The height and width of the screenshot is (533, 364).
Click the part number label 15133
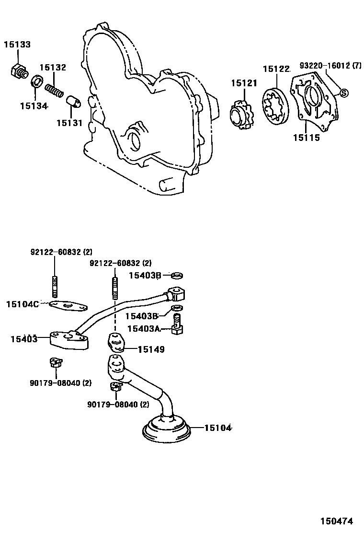click(17, 45)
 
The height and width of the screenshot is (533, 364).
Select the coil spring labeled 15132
click(55, 90)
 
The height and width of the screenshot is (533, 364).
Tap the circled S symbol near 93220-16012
click(343, 93)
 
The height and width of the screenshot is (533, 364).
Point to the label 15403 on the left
click(23, 339)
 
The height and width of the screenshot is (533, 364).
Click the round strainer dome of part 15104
click(167, 429)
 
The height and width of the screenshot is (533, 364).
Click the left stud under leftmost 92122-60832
click(54, 287)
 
